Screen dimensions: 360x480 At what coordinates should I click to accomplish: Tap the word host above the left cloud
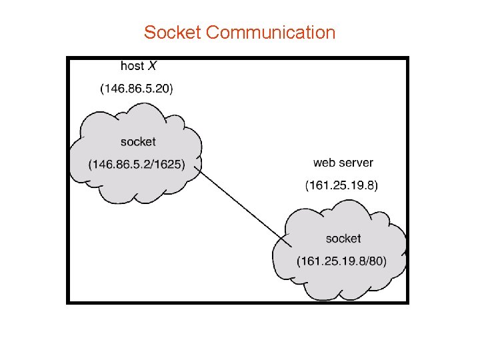[x=132, y=66]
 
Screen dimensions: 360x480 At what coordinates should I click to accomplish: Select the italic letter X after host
[x=153, y=66]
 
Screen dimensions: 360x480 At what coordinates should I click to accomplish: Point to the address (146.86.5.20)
[x=136, y=88]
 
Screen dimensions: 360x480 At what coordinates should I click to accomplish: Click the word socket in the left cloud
[x=138, y=141]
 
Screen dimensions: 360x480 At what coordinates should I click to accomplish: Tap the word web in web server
[x=325, y=163]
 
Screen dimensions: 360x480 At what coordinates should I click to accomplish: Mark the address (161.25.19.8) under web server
[x=341, y=185]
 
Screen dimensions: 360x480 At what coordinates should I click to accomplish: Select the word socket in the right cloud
[x=343, y=238]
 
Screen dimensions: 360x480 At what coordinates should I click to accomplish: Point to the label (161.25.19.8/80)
[x=342, y=260]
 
